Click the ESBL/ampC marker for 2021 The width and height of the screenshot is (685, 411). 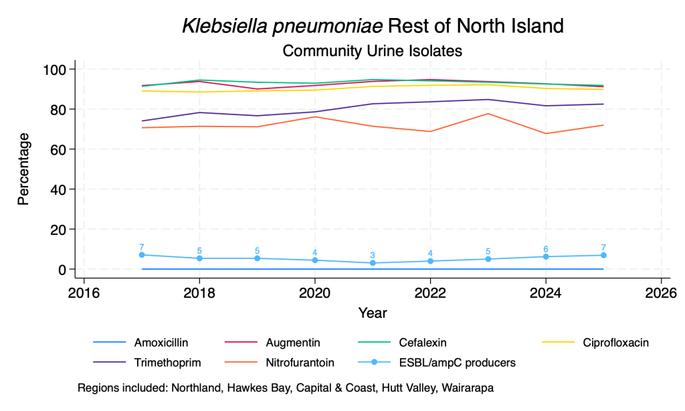[x=373, y=263]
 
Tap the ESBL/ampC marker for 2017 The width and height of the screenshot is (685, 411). [x=142, y=255]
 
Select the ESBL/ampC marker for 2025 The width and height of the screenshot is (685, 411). [x=603, y=255]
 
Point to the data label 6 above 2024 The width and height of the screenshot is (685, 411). [x=546, y=249]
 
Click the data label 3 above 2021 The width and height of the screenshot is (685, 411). [x=373, y=255]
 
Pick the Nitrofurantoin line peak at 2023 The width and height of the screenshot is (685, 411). [x=488, y=114]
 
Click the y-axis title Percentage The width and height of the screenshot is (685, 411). [x=23, y=169]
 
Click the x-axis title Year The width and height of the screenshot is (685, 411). [x=373, y=313]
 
